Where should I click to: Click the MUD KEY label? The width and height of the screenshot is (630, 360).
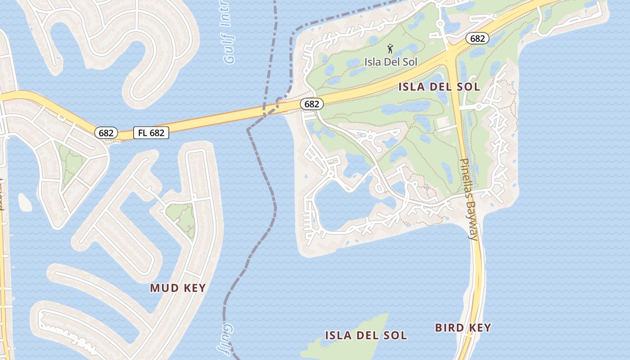[x=178, y=288]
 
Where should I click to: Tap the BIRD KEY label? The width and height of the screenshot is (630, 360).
[x=463, y=328]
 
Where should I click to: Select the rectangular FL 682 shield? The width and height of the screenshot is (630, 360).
[x=151, y=133]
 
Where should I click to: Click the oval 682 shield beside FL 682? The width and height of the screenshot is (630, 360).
[x=106, y=133]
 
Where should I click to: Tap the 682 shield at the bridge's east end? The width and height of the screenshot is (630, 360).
[x=311, y=104]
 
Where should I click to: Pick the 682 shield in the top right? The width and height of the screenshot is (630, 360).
[x=477, y=39]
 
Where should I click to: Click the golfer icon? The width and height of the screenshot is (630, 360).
[x=390, y=49]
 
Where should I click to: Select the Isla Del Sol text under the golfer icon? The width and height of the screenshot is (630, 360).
[x=391, y=62]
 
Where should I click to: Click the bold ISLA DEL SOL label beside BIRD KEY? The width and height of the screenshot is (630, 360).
[x=366, y=335]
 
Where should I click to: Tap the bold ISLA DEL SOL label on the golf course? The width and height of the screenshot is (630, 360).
[x=439, y=87]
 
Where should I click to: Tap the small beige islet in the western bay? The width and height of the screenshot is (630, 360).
[x=25, y=202]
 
